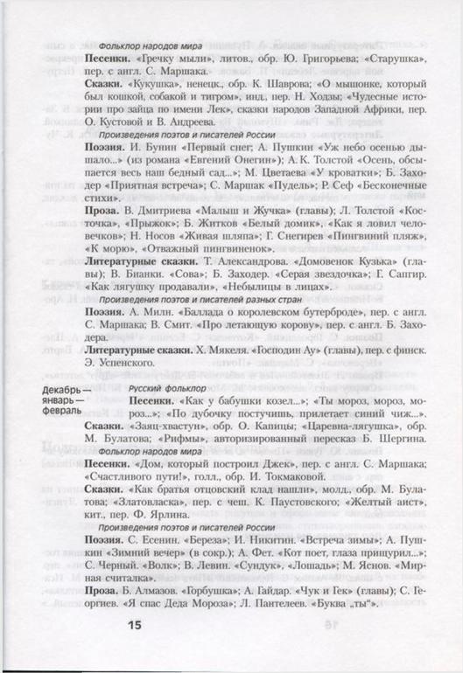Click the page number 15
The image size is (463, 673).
click(133, 623)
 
